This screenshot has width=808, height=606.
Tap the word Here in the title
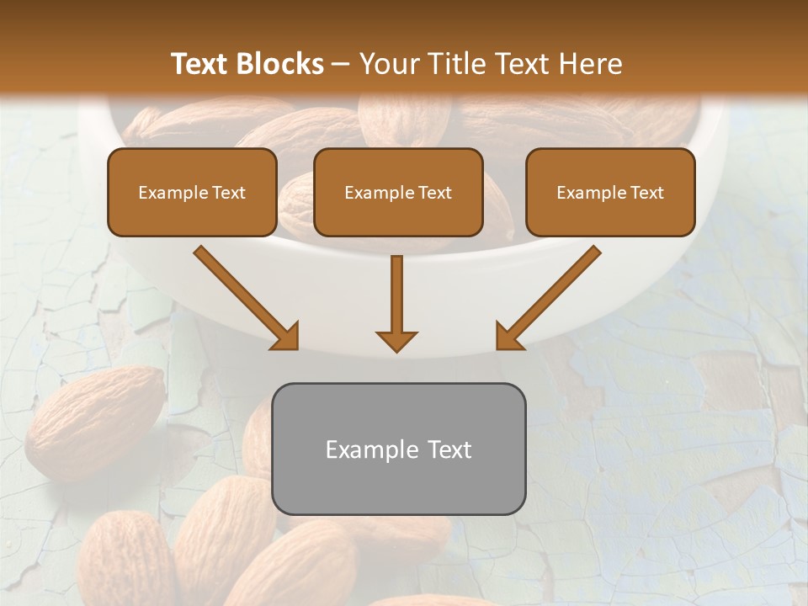point(592,64)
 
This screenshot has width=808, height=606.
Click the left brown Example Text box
point(192,192)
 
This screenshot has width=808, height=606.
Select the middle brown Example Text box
point(398,192)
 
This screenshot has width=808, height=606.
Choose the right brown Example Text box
point(610,192)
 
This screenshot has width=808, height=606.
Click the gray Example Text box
point(399,449)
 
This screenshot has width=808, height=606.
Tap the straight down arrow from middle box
point(396,295)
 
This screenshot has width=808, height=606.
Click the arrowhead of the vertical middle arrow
point(396,340)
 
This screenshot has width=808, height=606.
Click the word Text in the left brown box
point(228,193)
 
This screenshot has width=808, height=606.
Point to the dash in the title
point(341,65)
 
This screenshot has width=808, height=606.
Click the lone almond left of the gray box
point(94,421)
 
